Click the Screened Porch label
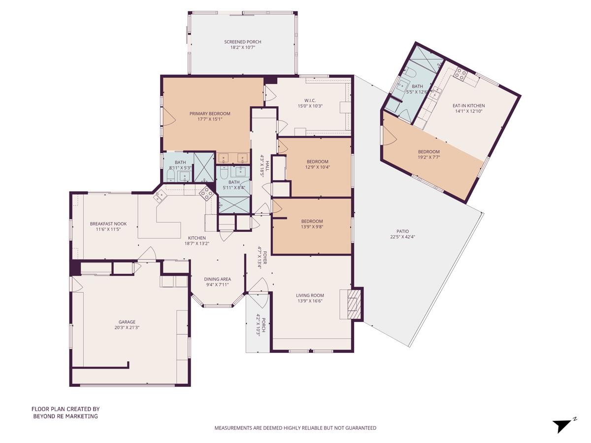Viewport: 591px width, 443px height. point(243,42)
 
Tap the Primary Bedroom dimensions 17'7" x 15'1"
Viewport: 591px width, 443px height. point(210,119)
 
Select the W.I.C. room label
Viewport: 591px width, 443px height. point(310,100)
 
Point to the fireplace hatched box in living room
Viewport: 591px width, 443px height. point(354,304)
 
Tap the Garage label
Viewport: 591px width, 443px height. point(127,322)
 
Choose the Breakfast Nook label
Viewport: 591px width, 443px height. point(108,224)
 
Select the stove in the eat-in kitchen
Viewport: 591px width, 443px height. point(460,74)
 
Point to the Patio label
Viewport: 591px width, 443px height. point(402,231)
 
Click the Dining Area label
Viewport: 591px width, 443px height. point(217,279)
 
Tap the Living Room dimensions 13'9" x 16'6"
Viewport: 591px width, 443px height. point(310,301)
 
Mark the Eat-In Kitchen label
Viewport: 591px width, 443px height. point(468,106)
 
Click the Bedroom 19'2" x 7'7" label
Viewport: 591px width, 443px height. point(428,152)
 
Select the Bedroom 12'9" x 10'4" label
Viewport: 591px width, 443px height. point(318,161)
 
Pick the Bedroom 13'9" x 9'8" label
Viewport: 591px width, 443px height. point(312,221)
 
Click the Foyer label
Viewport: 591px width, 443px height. point(265,257)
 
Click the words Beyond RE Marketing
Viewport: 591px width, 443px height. point(66,416)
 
